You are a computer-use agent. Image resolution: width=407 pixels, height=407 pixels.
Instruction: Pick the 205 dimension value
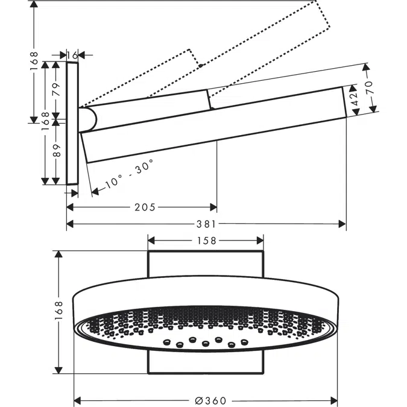click(145, 207)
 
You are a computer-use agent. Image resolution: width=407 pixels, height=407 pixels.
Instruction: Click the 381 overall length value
click(206, 224)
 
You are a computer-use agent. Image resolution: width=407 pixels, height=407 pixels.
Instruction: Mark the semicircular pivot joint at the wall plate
click(89, 119)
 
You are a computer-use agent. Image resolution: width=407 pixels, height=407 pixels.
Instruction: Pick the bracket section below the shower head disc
click(206, 362)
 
